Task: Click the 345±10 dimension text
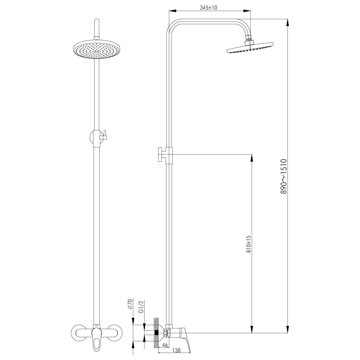(x=208, y=8)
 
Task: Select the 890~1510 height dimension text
(x=283, y=176)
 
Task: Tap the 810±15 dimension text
(x=248, y=244)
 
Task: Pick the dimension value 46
(x=165, y=345)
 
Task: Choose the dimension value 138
(x=176, y=350)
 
